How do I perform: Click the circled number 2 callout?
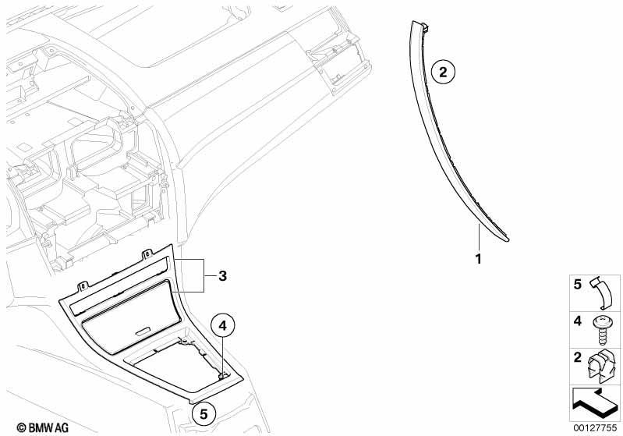[443, 72]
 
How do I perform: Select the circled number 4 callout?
[222, 325]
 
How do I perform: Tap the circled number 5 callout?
[204, 414]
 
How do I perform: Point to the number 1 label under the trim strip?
[479, 259]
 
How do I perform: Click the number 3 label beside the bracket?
[222, 275]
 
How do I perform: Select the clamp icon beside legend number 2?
[603, 367]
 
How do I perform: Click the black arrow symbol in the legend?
[594, 402]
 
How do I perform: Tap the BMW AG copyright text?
[43, 427]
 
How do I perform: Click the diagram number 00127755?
[595, 427]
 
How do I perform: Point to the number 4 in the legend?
[578, 321]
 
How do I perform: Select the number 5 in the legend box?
[578, 284]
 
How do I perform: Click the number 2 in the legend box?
[578, 357]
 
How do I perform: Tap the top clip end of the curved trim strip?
[424, 27]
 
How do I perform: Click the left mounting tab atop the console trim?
[83, 285]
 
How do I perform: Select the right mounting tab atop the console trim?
[147, 253]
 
